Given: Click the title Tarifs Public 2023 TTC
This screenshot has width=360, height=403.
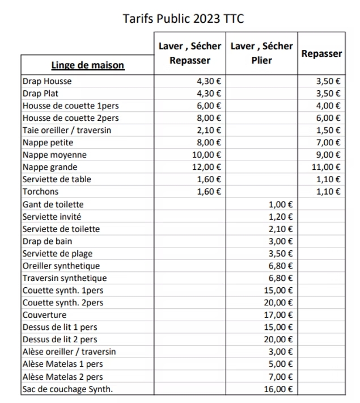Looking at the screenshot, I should (183, 19).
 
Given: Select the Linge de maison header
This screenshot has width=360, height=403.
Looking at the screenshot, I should (87, 65).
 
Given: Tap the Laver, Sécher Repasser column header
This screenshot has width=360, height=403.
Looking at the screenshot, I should (189, 53).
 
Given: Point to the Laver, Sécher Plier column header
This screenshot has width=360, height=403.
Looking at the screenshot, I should (261, 53).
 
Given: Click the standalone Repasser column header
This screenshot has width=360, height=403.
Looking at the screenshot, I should (321, 54).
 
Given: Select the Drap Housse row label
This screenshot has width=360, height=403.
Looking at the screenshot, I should (47, 81).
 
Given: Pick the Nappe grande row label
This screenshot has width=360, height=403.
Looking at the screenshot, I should (50, 167).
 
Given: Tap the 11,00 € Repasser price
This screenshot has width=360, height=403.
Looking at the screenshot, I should (328, 167).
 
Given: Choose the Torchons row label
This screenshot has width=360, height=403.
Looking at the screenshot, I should (41, 191).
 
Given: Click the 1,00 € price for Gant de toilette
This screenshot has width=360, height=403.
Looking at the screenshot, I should (281, 204).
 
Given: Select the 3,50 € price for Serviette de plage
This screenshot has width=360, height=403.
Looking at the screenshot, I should (281, 253).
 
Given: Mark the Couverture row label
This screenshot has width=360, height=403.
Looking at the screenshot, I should (44, 314).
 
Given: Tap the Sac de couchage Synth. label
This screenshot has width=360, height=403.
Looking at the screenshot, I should (67, 389).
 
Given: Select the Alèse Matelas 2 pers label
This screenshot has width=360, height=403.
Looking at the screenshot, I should (62, 376).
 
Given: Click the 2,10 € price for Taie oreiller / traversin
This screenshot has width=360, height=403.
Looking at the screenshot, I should (209, 130).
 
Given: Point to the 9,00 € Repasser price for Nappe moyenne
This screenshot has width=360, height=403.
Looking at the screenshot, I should (329, 154).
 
